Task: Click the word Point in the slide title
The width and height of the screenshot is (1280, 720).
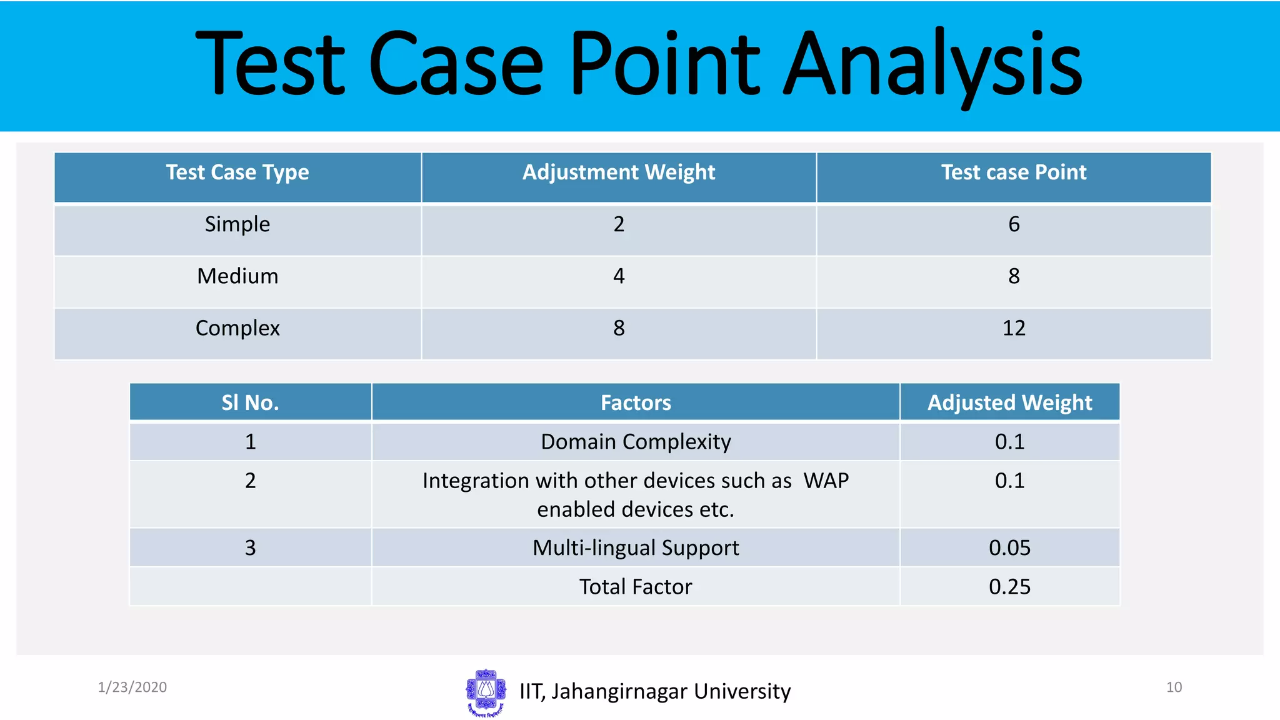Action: coord(664,64)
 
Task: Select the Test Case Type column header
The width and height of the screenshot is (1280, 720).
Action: coord(237,172)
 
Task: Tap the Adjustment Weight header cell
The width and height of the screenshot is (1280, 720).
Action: coord(619,172)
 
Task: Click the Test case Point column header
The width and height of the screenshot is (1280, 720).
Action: coord(1014,172)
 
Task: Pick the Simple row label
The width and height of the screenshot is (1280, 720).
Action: coord(237,224)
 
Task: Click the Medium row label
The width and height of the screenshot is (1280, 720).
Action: coord(237,276)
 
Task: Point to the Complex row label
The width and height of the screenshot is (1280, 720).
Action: coord(237,328)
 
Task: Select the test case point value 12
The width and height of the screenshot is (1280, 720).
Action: coord(1014,328)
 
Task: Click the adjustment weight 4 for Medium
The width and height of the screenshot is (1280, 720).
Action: coord(619,276)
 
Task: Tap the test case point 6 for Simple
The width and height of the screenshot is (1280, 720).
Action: coord(1014,224)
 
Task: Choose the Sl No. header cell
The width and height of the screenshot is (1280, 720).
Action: coord(250,402)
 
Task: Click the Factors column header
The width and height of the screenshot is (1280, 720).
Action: coord(636,402)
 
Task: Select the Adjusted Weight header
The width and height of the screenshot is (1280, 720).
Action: coord(1009,402)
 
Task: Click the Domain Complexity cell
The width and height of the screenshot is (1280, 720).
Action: coord(636,442)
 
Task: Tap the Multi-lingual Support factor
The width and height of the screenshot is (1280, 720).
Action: coord(636,548)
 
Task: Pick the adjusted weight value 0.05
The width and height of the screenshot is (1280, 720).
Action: coord(1009,548)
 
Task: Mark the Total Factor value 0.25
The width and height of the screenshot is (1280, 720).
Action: coord(1009,587)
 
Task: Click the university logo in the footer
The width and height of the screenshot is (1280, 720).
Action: coord(486,692)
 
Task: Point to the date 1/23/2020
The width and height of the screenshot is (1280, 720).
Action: coord(132,687)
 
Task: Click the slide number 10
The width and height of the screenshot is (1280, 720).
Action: coord(1174,687)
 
